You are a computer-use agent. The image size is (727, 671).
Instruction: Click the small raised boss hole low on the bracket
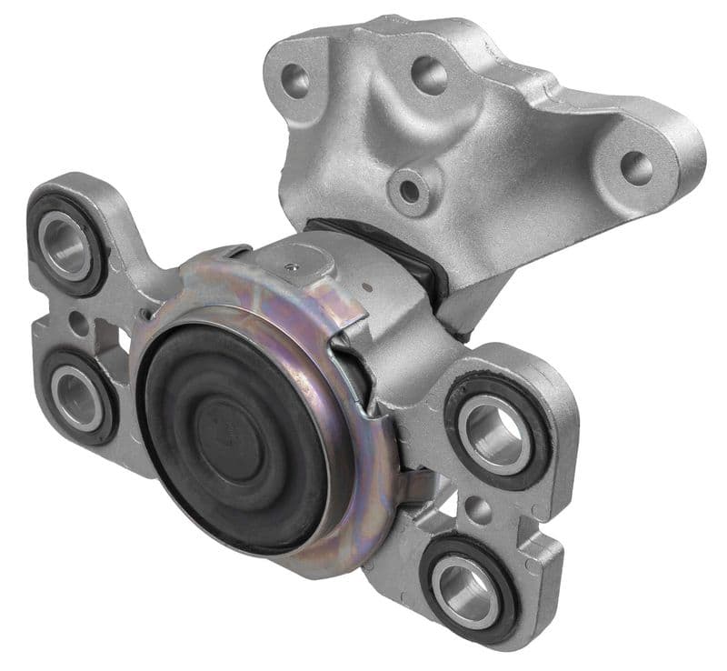pyautogui.click(x=410, y=190)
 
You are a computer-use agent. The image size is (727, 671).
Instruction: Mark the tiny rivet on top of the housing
pyautogui.click(x=290, y=265)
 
